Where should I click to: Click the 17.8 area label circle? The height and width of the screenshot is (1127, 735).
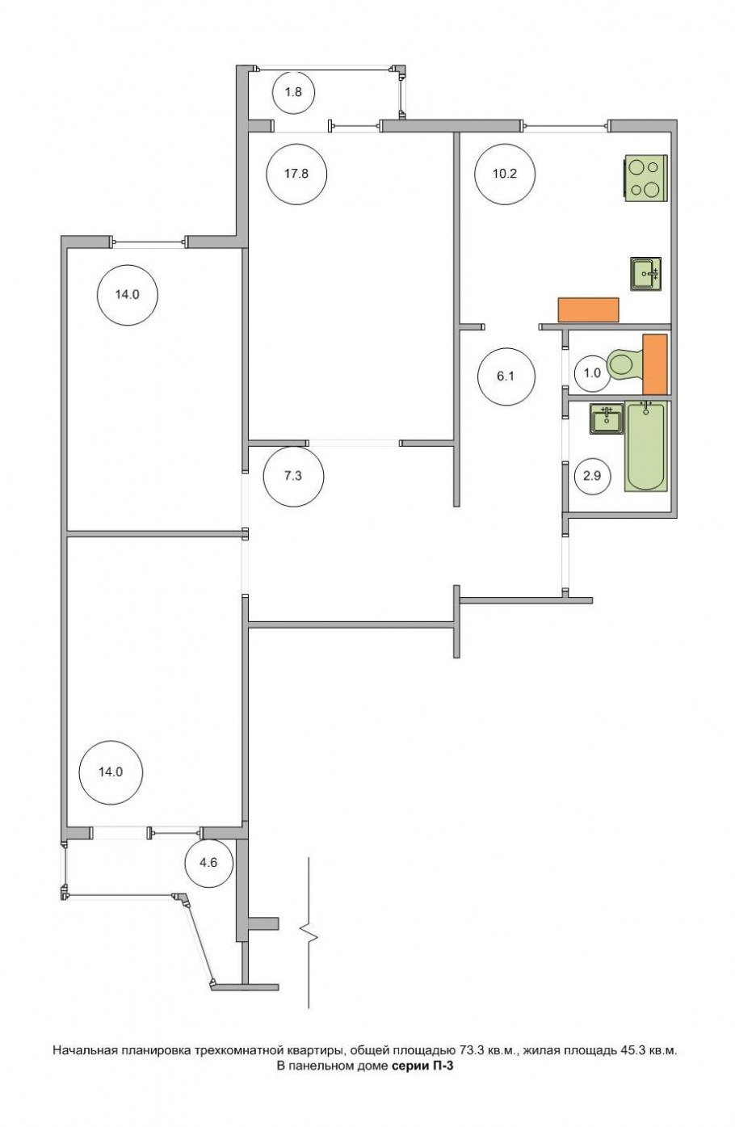[x=296, y=174]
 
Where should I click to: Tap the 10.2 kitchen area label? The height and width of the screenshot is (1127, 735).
[x=505, y=174]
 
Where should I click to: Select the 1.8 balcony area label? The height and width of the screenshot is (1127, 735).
[x=293, y=92]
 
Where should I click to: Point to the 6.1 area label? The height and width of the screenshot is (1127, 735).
[x=506, y=376]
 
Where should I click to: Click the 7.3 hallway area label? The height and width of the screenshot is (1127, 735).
[x=293, y=476]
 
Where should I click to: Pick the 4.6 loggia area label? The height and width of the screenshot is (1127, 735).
[x=208, y=863]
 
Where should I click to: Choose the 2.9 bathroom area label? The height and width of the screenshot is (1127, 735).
[x=592, y=475]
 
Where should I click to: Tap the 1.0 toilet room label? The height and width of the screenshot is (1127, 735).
[x=592, y=372]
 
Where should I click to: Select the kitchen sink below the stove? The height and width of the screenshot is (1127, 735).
[x=645, y=274]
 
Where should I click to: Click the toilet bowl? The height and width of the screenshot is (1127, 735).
[x=625, y=363]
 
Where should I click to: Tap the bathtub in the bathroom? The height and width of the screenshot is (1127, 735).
[x=645, y=446]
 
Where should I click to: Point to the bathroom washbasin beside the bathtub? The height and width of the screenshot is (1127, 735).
[x=607, y=419]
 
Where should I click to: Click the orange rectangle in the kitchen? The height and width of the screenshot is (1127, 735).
[x=589, y=309]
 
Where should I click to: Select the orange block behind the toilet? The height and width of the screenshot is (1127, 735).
[x=655, y=364]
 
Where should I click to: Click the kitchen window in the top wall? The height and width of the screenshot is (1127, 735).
[x=565, y=126]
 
